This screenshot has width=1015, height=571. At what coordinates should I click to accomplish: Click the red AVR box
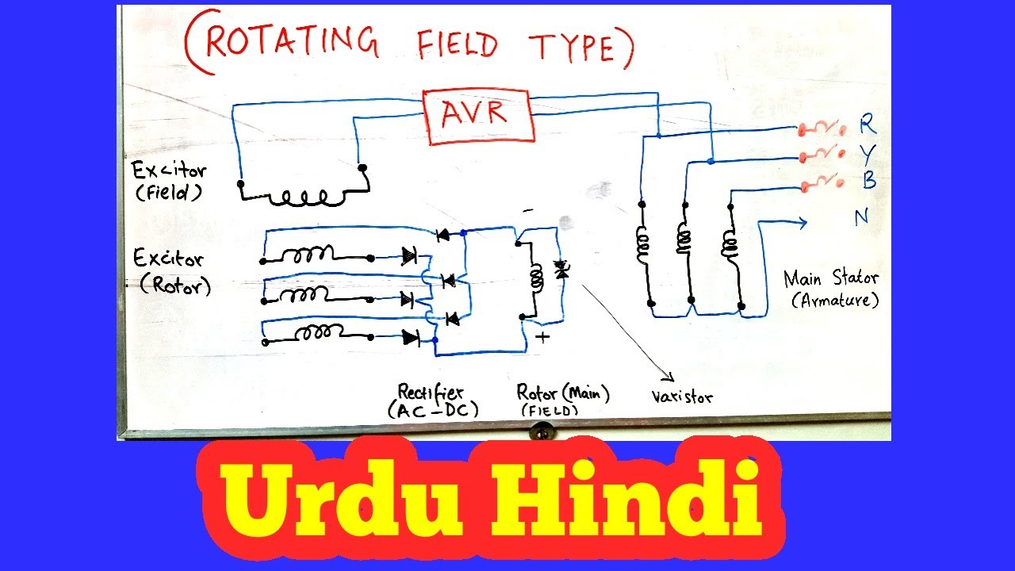479,116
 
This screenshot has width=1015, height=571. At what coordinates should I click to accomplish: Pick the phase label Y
868,154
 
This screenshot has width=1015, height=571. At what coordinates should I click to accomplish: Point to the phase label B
869,182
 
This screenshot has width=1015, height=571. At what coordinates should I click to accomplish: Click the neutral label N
862,217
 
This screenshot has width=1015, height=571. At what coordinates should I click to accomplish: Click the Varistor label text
681,396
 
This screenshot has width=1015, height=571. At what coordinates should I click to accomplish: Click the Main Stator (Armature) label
830,288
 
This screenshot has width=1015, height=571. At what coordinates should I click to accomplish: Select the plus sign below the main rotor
544,336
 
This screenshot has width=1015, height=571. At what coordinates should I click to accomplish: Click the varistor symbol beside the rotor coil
561,270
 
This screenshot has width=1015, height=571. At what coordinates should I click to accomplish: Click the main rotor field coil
536,277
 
